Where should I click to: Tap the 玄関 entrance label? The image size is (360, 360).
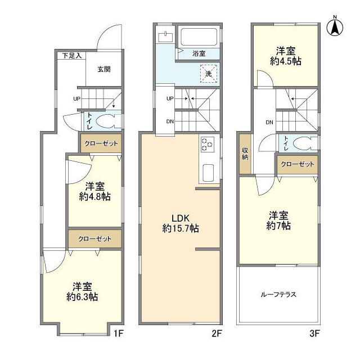(103, 70)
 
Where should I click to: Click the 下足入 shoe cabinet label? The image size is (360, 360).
(71, 56)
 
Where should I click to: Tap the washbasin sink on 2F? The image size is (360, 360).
(165, 37)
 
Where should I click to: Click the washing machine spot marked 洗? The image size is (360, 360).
(208, 73)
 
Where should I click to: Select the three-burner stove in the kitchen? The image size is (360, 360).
(206, 145)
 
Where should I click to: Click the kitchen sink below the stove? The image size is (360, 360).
(208, 173)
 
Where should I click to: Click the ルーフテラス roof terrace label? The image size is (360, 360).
(278, 294)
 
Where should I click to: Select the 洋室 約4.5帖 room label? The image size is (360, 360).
(285, 56)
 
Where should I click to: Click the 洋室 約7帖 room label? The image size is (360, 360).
(280, 220)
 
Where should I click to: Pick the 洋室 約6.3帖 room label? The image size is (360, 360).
(85, 291)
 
